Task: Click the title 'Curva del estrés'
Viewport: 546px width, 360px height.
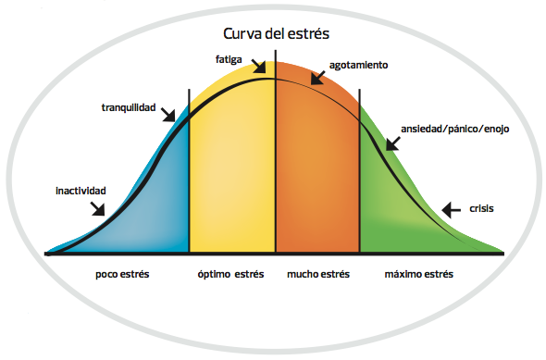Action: (x=277, y=33)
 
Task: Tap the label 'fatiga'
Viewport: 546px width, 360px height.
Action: (x=230, y=59)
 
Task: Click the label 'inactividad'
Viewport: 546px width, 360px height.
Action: (x=81, y=191)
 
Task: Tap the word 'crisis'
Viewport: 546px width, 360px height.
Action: (x=481, y=208)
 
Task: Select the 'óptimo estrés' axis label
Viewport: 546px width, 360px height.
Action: (x=231, y=275)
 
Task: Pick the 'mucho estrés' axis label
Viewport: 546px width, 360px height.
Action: (x=318, y=275)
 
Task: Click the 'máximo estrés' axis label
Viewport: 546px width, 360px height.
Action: (x=419, y=275)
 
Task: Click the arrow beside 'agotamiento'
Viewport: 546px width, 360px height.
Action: (x=317, y=77)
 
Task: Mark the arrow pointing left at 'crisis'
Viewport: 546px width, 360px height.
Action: (x=451, y=210)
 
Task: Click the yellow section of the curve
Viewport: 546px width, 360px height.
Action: (x=231, y=176)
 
